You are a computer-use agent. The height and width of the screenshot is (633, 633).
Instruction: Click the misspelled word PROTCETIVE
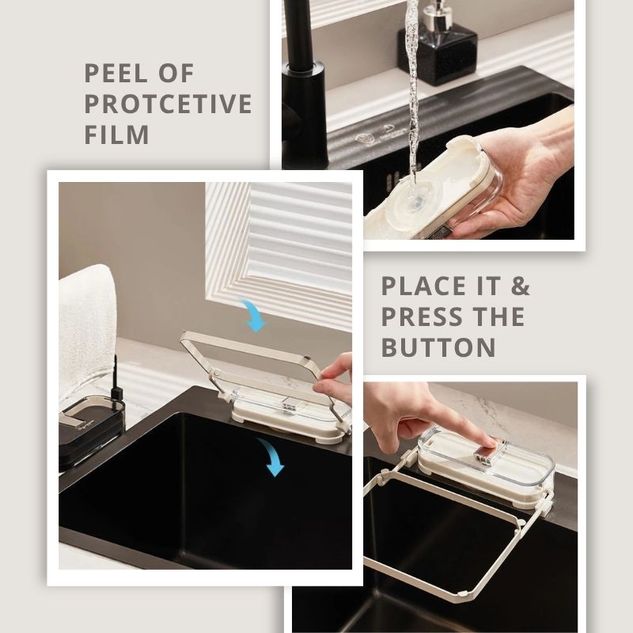[168, 104]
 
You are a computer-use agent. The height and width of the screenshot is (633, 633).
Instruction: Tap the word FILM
[116, 134]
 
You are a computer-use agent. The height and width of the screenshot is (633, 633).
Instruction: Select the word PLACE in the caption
[423, 286]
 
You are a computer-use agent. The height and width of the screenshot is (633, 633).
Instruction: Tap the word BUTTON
[438, 347]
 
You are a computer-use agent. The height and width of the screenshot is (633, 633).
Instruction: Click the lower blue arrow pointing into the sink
[271, 457]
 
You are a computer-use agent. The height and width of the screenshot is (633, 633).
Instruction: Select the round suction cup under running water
[413, 199]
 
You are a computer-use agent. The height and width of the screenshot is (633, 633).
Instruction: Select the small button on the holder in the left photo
[289, 406]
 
